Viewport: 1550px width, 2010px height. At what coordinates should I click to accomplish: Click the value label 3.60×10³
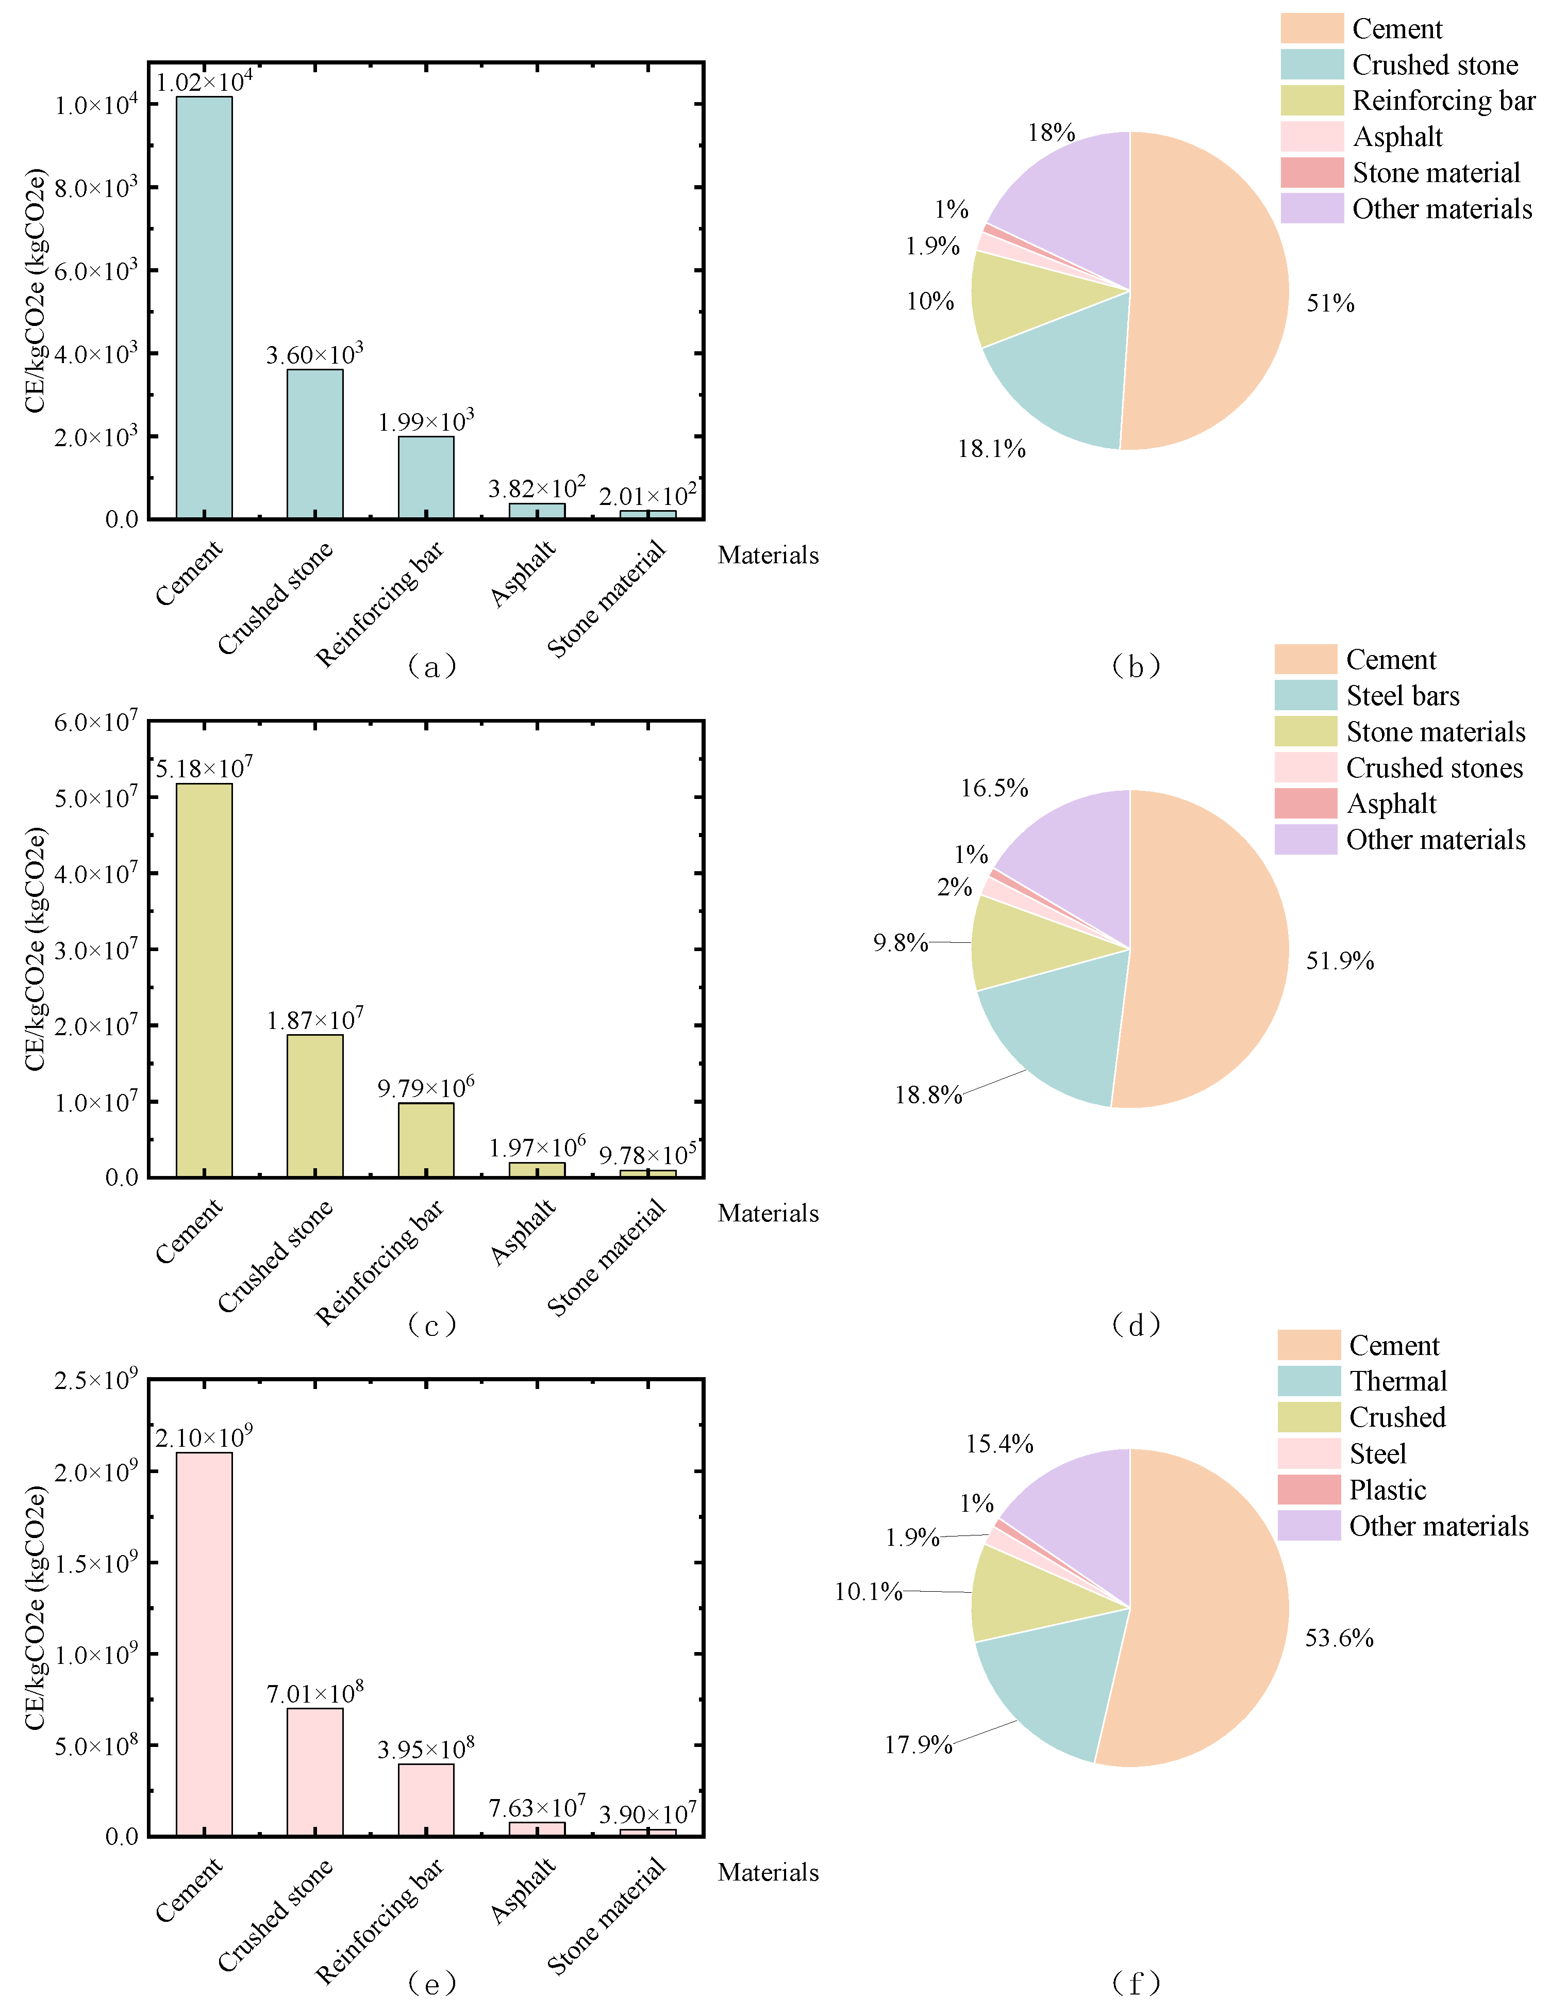pos(314,354)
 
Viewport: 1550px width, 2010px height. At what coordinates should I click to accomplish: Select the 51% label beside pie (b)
pos(1329,304)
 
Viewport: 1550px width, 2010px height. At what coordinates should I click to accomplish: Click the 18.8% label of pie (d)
pos(927,1094)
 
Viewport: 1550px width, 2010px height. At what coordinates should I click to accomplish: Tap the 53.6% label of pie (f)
pos(1339,1638)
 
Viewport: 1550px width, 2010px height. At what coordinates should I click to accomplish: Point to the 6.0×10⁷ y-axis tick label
pos(95,723)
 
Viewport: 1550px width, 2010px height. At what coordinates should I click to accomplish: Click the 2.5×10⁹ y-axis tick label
pos(95,1381)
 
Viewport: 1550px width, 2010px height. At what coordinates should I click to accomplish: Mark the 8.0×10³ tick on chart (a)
pos(95,188)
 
